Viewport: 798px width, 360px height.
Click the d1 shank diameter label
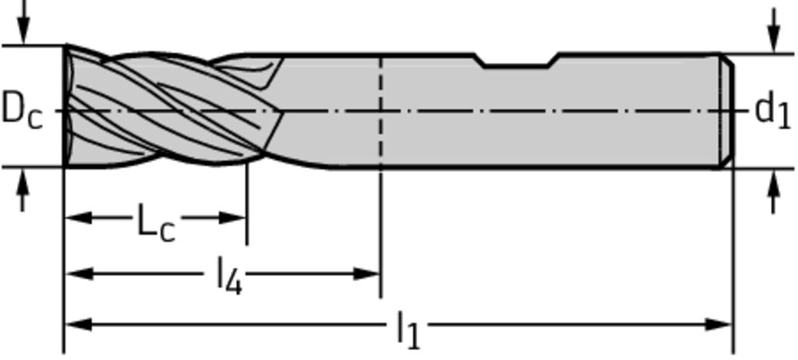(x=772, y=111)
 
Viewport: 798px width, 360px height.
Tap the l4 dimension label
(x=230, y=276)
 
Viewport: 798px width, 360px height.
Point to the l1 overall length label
(x=408, y=330)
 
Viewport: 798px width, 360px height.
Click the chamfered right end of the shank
(x=727, y=111)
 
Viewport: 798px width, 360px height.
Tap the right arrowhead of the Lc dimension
(x=232, y=218)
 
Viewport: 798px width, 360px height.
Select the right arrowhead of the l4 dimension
(x=366, y=274)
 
